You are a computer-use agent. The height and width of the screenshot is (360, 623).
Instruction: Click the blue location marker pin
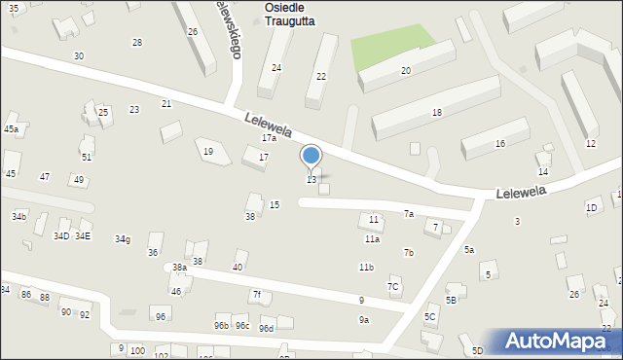pyautogui.click(x=311, y=156)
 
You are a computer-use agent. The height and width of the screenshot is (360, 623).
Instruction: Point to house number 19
pyautogui.click(x=208, y=152)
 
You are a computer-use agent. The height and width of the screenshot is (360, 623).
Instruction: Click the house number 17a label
pyautogui.click(x=269, y=138)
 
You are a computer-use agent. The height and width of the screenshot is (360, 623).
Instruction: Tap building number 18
pyautogui.click(x=437, y=113)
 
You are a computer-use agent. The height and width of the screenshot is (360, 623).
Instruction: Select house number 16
pyautogui.click(x=500, y=144)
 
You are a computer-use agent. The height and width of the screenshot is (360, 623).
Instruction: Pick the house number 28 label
pyautogui.click(x=137, y=43)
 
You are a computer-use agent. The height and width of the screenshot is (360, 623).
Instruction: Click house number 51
pyautogui.click(x=87, y=157)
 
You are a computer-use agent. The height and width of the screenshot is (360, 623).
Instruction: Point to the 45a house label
pyautogui.click(x=11, y=129)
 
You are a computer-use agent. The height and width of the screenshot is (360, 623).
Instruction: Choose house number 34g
pyautogui.click(x=123, y=239)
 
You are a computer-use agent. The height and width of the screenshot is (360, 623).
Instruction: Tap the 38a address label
pyautogui.click(x=179, y=268)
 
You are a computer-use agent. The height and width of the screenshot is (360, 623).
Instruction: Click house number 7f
pyautogui.click(x=257, y=295)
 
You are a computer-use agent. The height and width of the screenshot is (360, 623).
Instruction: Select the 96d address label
pyautogui.click(x=267, y=329)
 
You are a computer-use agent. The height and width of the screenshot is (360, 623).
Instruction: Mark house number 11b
pyautogui.click(x=366, y=267)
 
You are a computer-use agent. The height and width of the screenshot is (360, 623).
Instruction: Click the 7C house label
pyautogui.click(x=393, y=287)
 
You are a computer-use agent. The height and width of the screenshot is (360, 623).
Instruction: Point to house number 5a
pyautogui.click(x=469, y=250)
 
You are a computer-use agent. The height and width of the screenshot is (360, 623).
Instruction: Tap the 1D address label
pyautogui.click(x=591, y=208)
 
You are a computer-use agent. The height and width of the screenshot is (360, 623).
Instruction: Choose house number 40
pyautogui.click(x=238, y=268)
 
